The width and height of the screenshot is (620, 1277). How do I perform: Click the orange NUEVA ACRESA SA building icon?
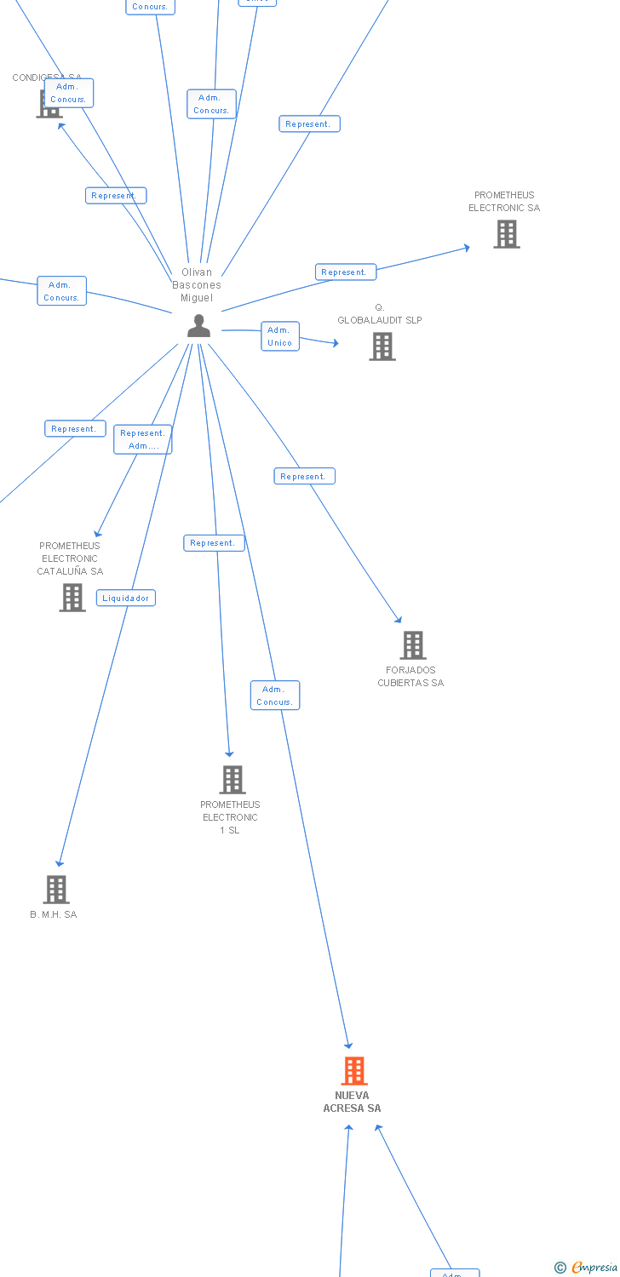coord(354,1071)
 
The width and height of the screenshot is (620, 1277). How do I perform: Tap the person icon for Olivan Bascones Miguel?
coord(198,326)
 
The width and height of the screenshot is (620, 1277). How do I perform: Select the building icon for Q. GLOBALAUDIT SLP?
coord(382,346)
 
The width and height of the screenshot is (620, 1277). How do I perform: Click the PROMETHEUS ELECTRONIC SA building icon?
coord(507,234)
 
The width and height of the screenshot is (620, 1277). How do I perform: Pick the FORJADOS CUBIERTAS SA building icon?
coord(413,645)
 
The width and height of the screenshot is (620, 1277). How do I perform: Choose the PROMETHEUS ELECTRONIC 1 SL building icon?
coord(232,780)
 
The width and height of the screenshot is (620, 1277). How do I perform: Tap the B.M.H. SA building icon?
coord(56,890)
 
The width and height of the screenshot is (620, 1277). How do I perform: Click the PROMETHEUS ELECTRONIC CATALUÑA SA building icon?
coord(72,598)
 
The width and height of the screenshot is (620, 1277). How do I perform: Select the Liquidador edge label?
coord(126,598)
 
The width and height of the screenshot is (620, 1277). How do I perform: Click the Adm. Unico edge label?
coord(279,336)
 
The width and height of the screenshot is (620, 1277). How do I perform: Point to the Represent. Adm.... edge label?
coord(142,439)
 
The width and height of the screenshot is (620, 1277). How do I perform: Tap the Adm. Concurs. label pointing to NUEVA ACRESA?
coord(274,696)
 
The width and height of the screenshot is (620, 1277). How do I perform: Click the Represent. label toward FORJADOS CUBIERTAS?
coord(304,476)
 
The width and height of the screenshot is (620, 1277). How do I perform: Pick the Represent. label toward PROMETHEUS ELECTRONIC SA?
coord(345,272)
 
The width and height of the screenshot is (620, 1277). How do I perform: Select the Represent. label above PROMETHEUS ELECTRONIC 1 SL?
coord(214,543)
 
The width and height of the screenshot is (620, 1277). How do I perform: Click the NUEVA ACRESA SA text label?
coord(352,1102)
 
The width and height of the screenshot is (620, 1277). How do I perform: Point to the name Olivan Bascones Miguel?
coord(197,285)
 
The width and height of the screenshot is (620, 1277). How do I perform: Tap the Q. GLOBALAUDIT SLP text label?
coord(380,314)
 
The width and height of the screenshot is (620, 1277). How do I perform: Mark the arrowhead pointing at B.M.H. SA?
coord(59,863)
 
